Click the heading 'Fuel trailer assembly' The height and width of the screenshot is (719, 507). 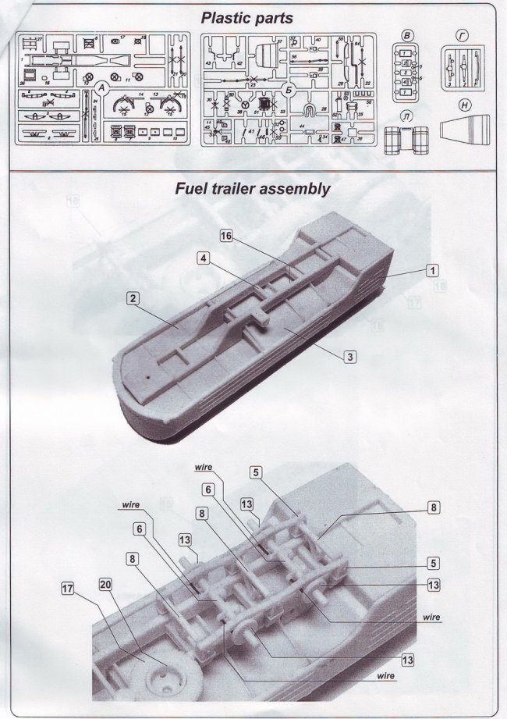pos(253,189)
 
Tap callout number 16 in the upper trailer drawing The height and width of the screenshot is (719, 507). pos(226,239)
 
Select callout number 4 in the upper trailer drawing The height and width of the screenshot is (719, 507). pos(202,258)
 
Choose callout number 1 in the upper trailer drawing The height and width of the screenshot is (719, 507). pos(431,270)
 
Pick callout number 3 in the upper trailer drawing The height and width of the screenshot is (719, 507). pos(351,356)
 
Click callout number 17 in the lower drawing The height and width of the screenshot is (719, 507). pos(68,589)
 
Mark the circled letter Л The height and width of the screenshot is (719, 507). pos(406,117)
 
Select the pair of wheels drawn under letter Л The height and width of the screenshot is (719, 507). pos(406,141)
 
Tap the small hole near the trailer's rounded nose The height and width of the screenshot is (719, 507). pos(147,373)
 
